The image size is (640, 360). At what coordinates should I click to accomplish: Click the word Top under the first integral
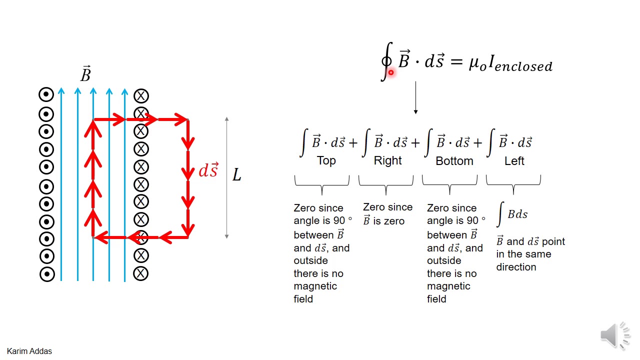tap(326, 160)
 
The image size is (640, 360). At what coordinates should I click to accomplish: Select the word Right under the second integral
tap(387, 160)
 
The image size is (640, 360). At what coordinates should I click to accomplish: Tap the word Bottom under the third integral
tap(454, 161)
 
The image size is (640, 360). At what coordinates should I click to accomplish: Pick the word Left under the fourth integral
tap(514, 161)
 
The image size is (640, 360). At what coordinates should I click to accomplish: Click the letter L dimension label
tap(236, 174)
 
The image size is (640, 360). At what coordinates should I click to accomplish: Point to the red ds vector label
tap(208, 170)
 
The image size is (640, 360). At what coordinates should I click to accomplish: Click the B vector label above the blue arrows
tap(85, 74)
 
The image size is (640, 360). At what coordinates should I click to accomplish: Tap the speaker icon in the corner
tap(615, 334)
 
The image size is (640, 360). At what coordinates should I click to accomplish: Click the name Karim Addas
tap(29, 351)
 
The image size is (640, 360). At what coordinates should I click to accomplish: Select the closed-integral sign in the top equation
tap(386, 61)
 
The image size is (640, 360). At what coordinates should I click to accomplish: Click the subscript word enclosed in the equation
tap(523, 66)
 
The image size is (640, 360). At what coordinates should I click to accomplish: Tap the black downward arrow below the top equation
tap(415, 98)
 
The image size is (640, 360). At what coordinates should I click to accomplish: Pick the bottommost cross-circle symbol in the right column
tap(141, 273)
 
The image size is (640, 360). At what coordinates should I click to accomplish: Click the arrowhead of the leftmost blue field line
tap(61, 91)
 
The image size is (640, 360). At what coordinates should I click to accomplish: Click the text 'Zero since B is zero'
tap(387, 214)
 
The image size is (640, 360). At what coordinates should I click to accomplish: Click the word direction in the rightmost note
tap(516, 267)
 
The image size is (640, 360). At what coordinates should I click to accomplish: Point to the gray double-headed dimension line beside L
tap(226, 177)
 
